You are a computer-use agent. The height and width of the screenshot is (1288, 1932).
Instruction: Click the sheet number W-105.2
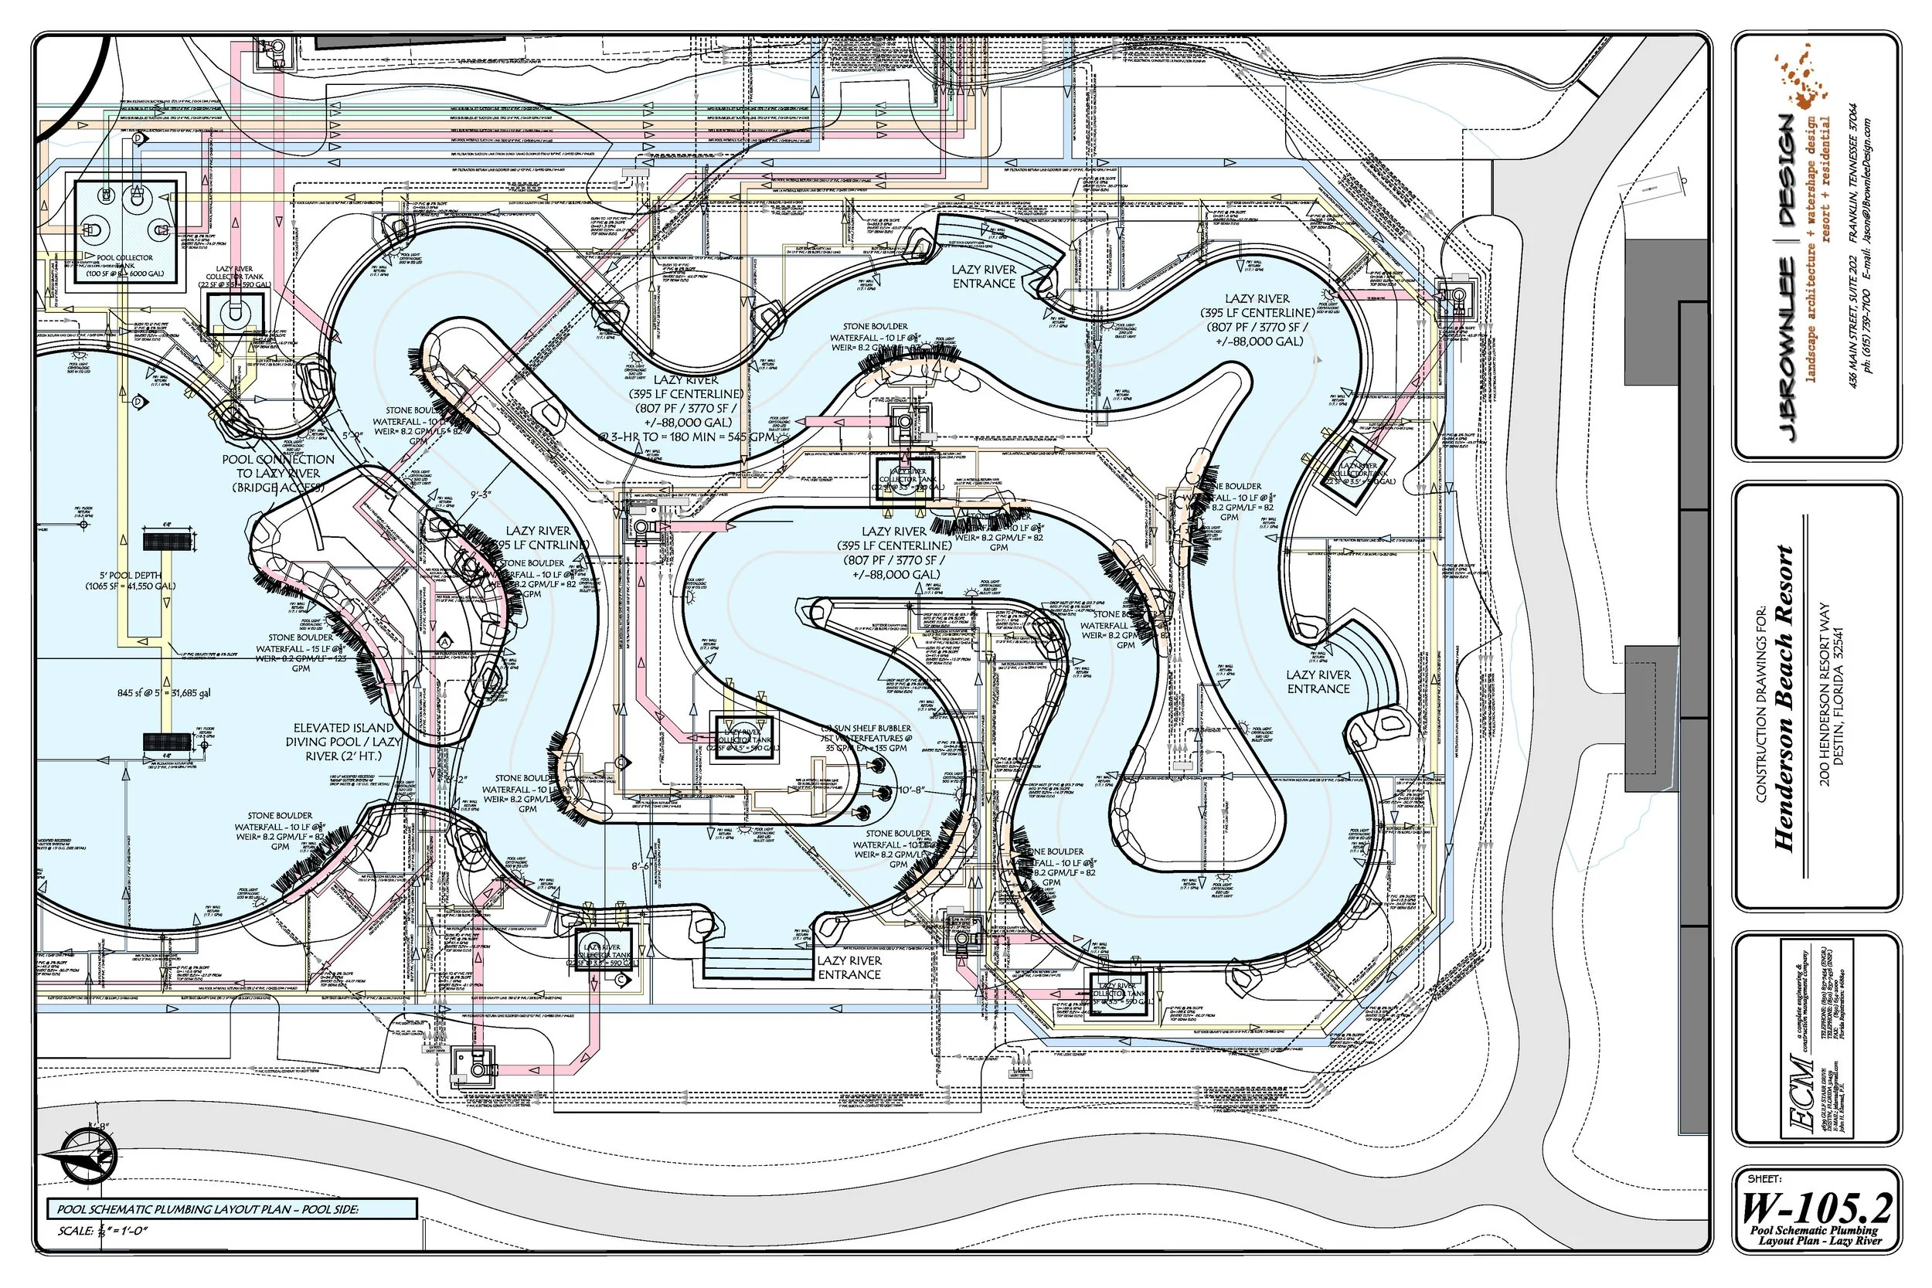[1815, 1208]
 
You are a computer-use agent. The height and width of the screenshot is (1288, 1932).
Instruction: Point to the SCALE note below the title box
[103, 1231]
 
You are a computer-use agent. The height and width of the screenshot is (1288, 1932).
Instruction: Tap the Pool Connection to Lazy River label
[277, 473]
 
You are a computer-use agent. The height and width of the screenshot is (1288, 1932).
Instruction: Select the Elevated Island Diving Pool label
[343, 742]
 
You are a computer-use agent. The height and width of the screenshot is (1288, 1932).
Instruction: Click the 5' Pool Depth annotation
[131, 580]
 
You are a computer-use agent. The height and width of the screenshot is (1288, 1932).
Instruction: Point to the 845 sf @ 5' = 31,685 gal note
[164, 692]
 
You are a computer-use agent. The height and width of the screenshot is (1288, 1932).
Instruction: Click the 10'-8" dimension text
[912, 790]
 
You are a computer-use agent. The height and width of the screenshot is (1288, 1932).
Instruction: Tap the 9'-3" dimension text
[481, 494]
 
